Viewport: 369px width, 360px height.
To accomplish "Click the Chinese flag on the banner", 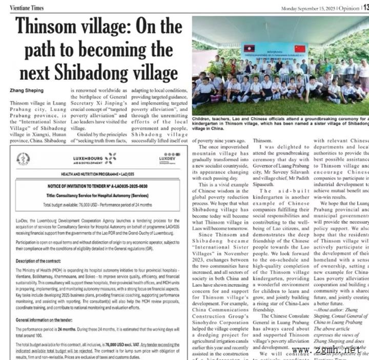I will click(x=300, y=49).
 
